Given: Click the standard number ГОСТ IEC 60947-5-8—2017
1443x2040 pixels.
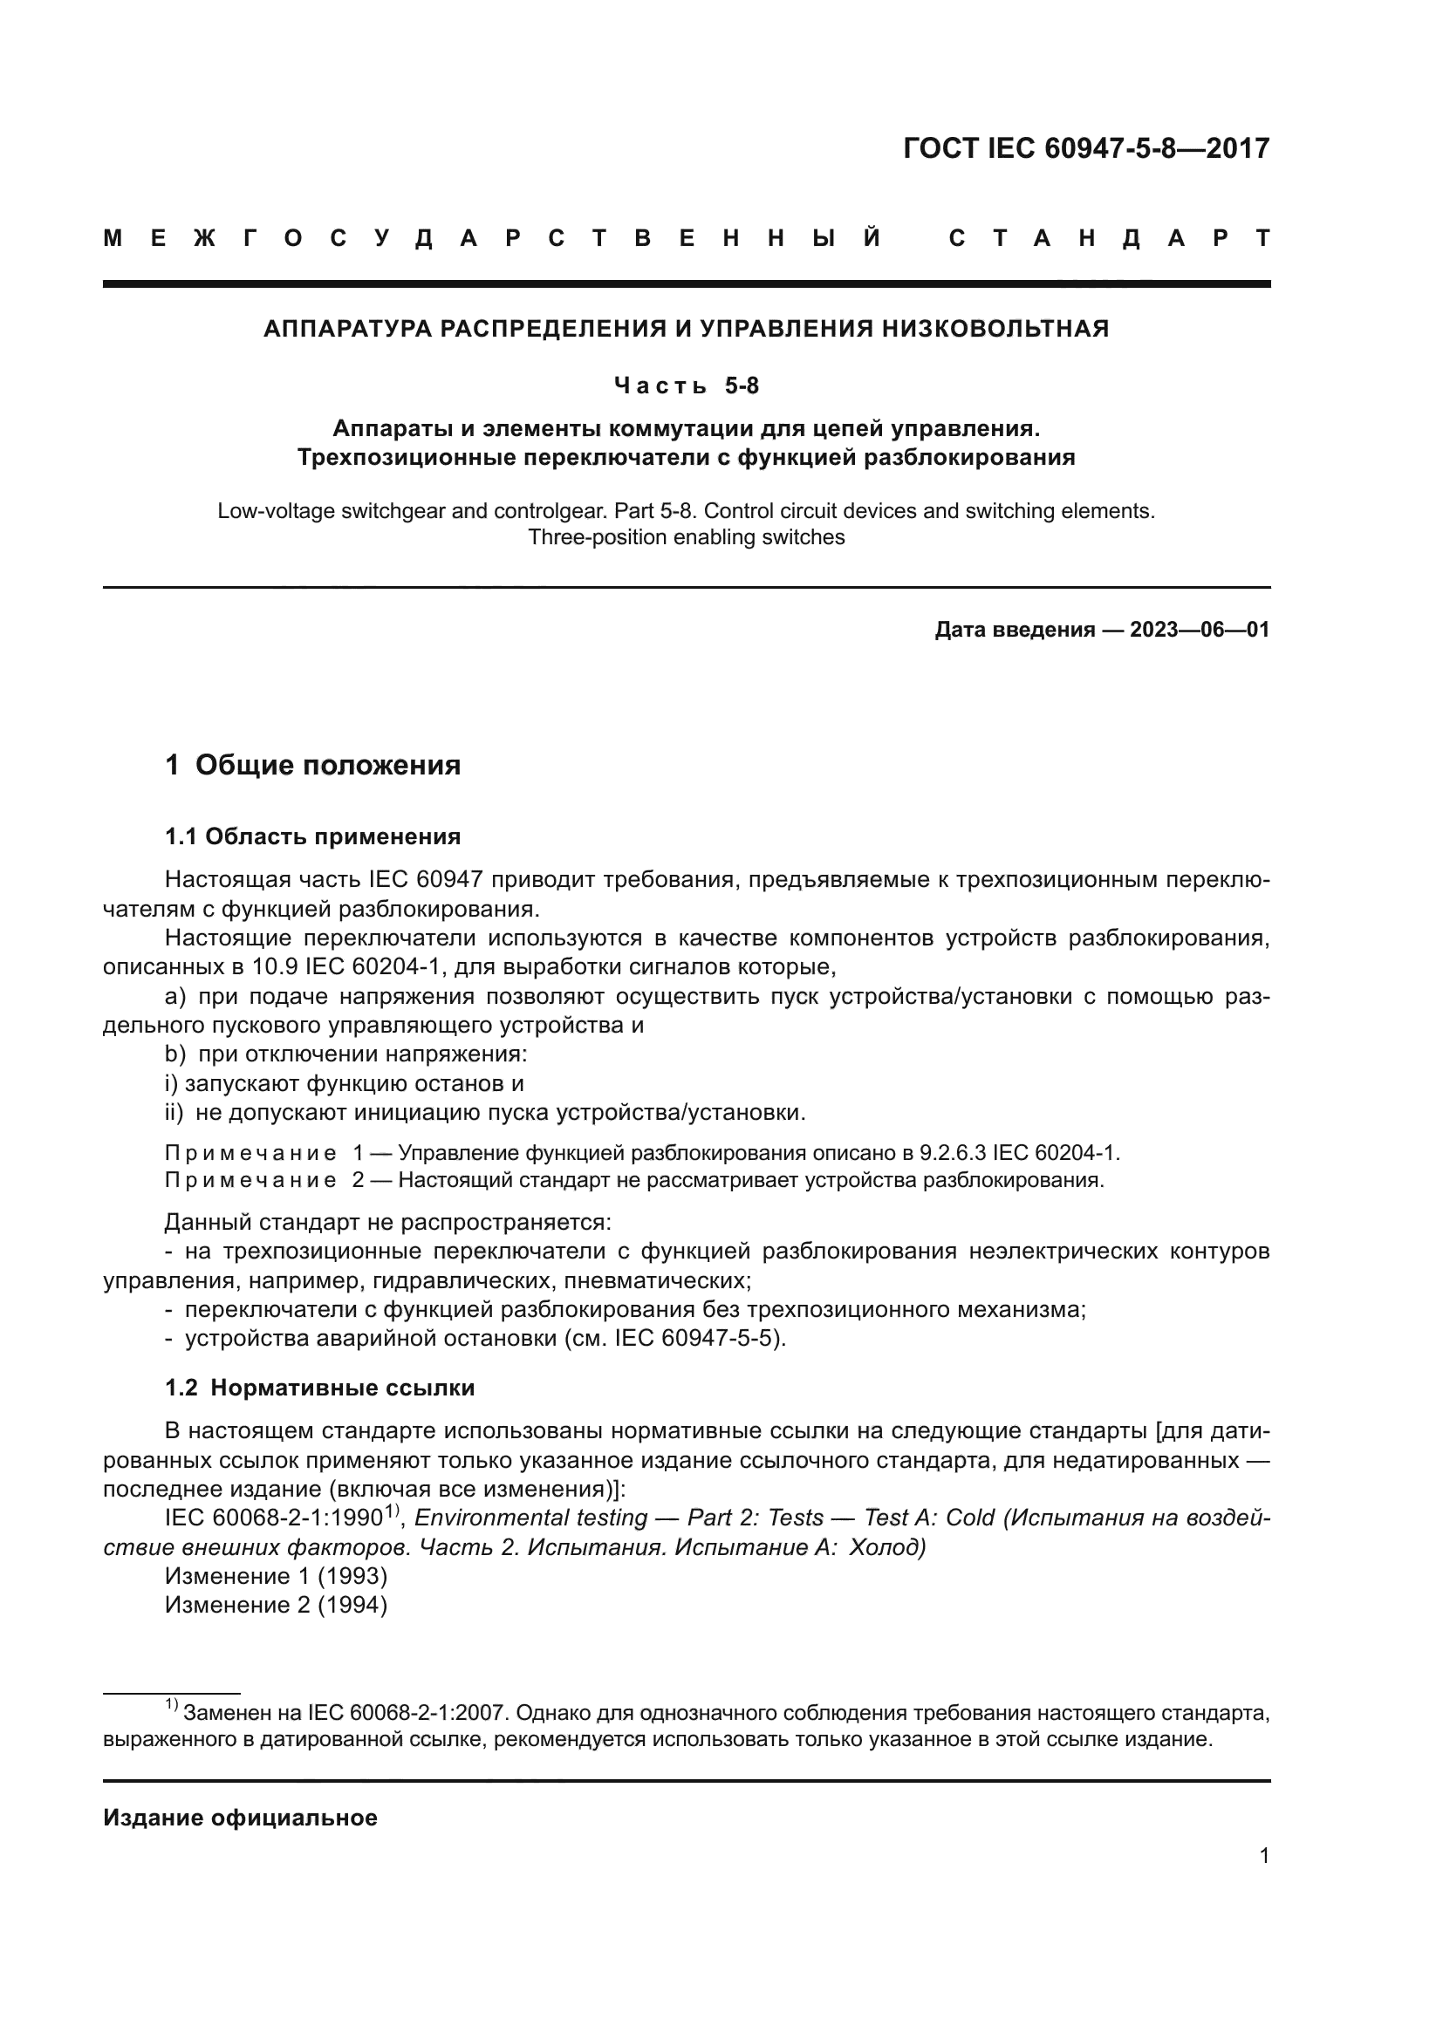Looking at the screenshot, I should (x=1086, y=148).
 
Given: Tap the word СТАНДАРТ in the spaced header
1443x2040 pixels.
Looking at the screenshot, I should (x=1109, y=239).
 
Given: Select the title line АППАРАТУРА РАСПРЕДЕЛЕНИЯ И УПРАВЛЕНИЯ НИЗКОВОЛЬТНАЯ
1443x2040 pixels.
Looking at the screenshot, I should (x=686, y=330).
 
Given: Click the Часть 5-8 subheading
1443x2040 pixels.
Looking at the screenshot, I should (x=686, y=386).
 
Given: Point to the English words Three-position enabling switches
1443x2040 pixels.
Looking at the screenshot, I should (x=686, y=537).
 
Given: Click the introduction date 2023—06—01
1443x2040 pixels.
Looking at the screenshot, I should (x=1199, y=631).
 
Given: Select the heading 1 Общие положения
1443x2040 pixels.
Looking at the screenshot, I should (x=313, y=765).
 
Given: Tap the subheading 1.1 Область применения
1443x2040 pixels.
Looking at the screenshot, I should (x=313, y=837).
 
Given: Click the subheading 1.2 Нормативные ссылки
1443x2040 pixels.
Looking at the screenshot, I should (x=320, y=1388).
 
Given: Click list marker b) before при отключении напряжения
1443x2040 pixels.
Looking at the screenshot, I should (x=175, y=1054).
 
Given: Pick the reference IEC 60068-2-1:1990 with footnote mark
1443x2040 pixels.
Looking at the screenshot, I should (x=276, y=1518).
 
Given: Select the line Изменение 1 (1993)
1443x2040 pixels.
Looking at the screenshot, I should (x=277, y=1577).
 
